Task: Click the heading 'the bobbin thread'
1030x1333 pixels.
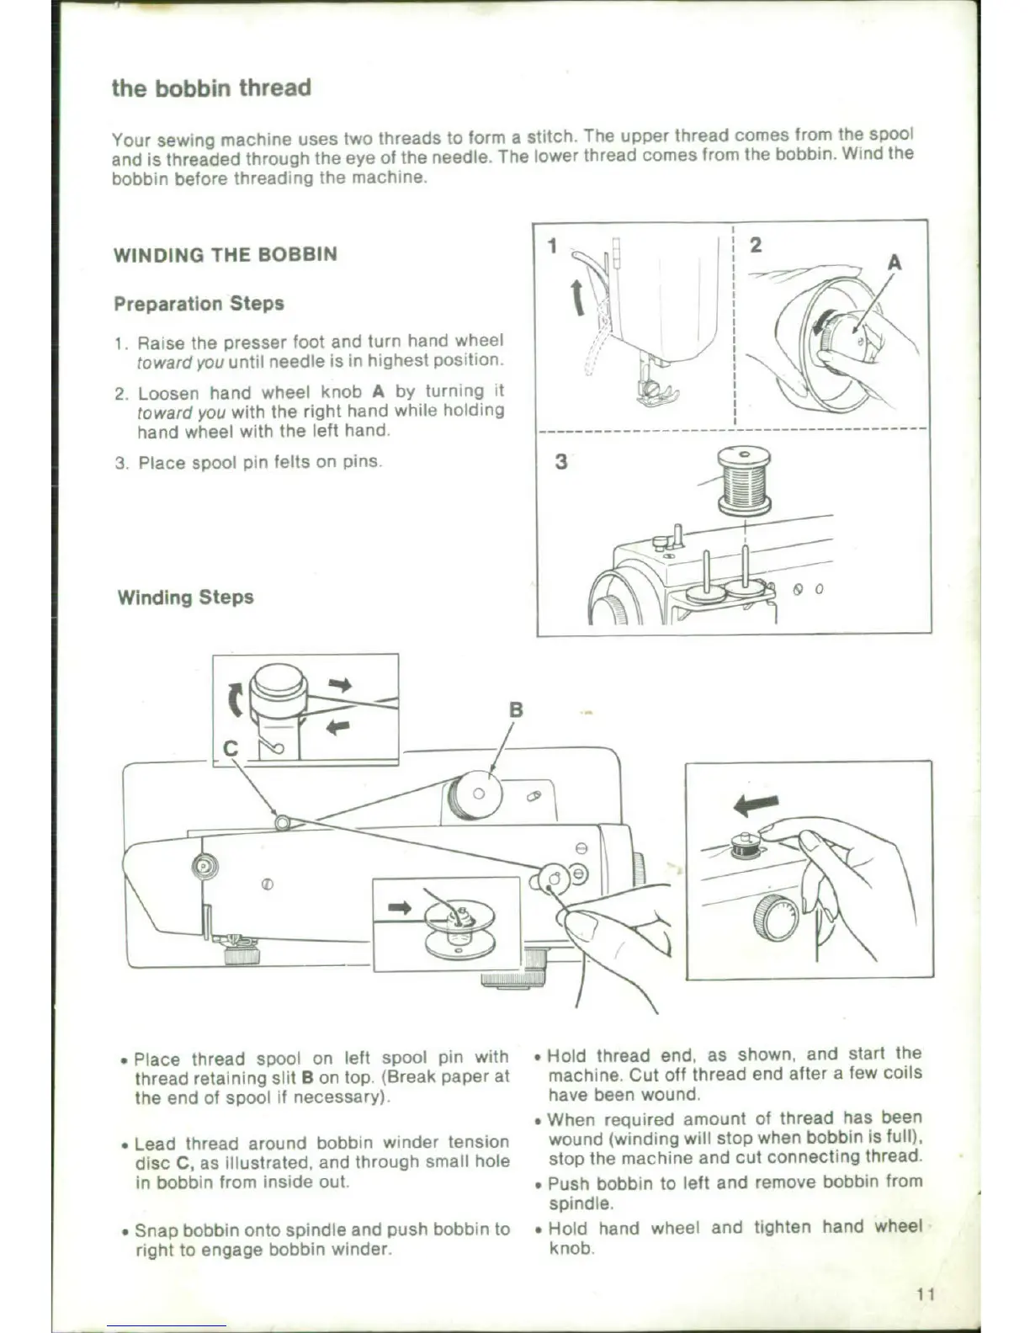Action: coord(211,88)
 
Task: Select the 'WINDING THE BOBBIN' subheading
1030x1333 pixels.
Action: coord(226,254)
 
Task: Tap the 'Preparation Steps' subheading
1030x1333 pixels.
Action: coord(199,303)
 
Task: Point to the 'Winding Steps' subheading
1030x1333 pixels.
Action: coord(185,597)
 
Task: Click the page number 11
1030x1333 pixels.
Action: coord(926,1294)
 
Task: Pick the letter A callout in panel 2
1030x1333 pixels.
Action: coord(895,263)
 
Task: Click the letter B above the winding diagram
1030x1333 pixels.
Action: coord(516,709)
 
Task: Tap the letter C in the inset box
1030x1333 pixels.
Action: coord(231,748)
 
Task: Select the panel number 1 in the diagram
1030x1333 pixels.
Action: coord(552,246)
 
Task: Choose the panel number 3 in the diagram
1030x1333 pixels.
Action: coord(560,462)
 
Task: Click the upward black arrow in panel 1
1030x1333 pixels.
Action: coord(578,298)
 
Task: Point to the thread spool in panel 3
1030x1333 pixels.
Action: coord(744,480)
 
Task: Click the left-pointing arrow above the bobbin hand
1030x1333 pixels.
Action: coord(756,805)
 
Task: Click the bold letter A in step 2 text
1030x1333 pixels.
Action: coord(378,391)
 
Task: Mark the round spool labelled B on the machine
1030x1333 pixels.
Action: coord(477,793)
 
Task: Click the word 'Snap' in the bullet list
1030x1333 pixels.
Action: coord(156,1230)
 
